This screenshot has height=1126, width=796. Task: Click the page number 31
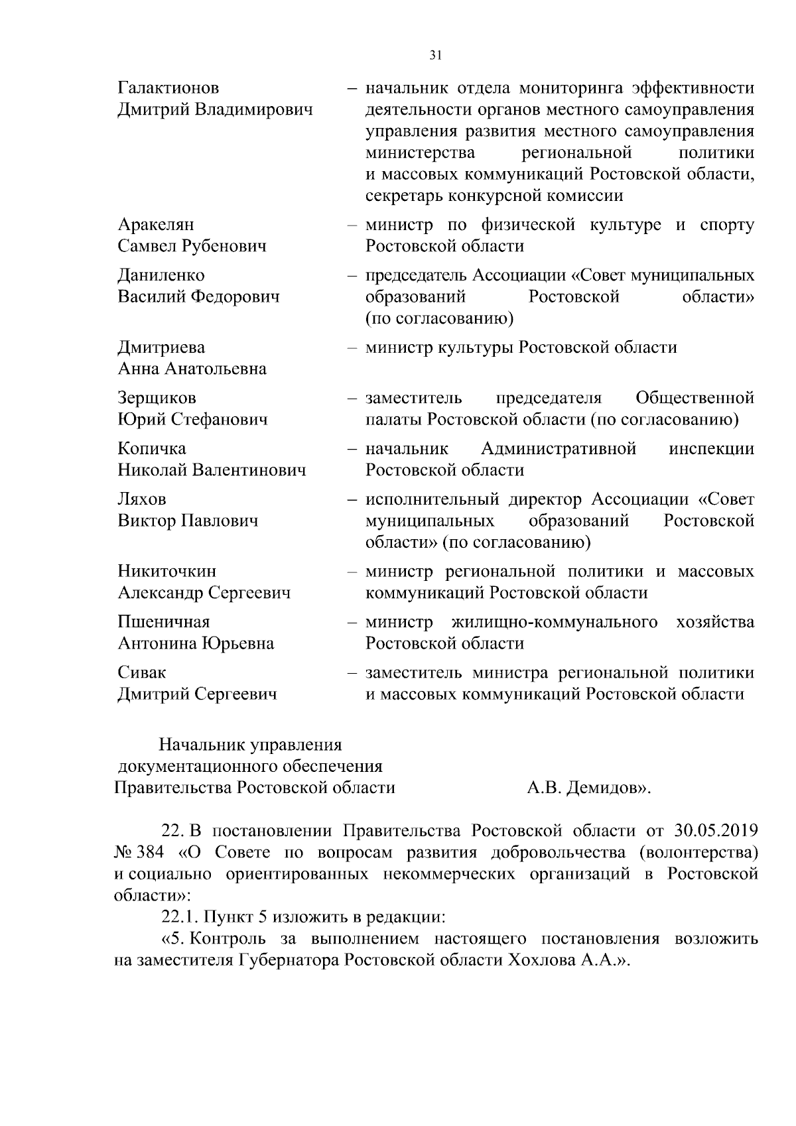pyautogui.click(x=435, y=56)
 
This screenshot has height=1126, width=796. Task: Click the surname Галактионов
pyautogui.click(x=168, y=88)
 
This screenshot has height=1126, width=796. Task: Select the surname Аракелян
pyautogui.click(x=156, y=225)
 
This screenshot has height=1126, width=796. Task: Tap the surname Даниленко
pyautogui.click(x=161, y=275)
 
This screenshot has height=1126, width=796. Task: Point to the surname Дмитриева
pyautogui.click(x=161, y=347)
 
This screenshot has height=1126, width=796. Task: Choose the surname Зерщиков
pyautogui.click(x=157, y=399)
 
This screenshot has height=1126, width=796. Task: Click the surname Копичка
pyautogui.click(x=152, y=449)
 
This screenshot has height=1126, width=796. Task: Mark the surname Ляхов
pyautogui.click(x=142, y=499)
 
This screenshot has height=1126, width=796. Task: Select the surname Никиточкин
pyautogui.click(x=166, y=572)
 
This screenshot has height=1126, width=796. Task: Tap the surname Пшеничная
pyautogui.click(x=164, y=622)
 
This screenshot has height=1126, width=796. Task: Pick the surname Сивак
pyautogui.click(x=142, y=672)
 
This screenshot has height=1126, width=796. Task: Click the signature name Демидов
pyautogui.click(x=602, y=788)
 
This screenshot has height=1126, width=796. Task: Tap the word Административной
pyautogui.click(x=559, y=449)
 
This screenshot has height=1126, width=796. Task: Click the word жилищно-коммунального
pyautogui.click(x=555, y=622)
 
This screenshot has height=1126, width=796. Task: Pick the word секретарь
pyautogui.click(x=404, y=196)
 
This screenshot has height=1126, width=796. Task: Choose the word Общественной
pyautogui.click(x=695, y=399)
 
